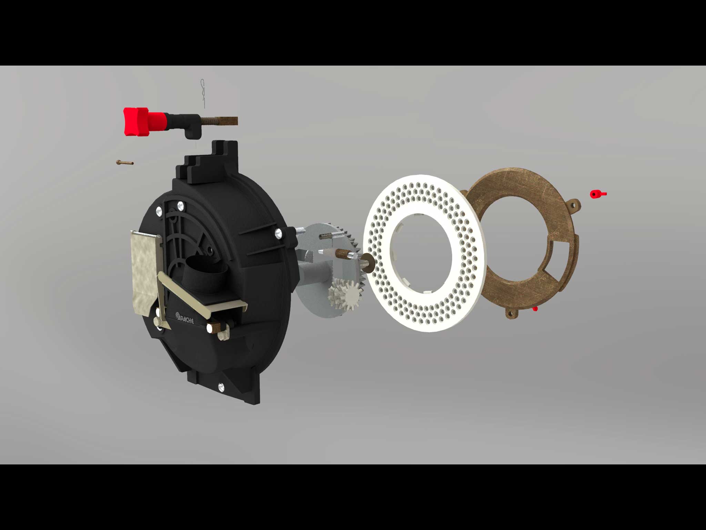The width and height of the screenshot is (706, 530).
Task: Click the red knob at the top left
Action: pyautogui.click(x=136, y=121)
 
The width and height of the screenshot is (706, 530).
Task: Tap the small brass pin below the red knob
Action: pyautogui.click(x=124, y=162)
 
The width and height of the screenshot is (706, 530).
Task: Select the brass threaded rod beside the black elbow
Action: pyautogui.click(x=219, y=121)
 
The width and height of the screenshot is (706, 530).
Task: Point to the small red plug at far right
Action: pyautogui.click(x=596, y=194)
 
